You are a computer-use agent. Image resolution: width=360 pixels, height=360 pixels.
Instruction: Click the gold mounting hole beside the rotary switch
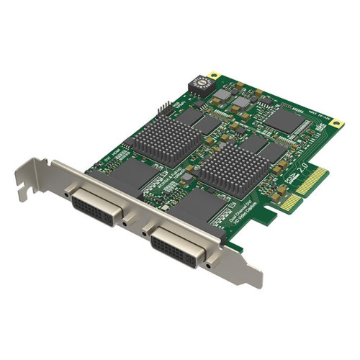point(213,75)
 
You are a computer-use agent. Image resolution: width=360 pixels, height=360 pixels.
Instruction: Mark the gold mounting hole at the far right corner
point(335,123)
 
